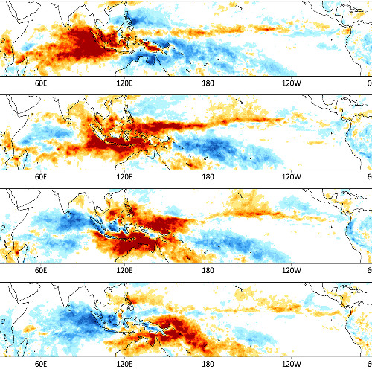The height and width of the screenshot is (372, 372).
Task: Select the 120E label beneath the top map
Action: [x=124, y=83]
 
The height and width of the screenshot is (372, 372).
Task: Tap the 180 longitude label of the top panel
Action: [x=208, y=83]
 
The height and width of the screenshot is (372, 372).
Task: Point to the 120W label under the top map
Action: [x=291, y=83]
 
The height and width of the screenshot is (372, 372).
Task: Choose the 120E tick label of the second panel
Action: [x=124, y=178]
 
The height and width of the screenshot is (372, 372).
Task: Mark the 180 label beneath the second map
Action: [x=208, y=178]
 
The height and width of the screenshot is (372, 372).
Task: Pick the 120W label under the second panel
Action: [x=291, y=178]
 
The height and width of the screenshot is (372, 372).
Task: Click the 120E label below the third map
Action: [x=124, y=272]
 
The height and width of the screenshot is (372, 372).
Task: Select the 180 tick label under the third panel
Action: [x=208, y=272]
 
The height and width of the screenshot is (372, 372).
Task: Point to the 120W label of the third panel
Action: [x=291, y=272]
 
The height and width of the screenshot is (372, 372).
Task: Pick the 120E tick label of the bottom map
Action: [x=124, y=365]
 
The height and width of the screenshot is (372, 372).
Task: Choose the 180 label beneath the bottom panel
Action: [x=208, y=365]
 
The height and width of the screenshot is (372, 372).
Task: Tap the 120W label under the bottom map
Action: [x=291, y=365]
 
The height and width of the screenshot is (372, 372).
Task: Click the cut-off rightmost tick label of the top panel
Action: [x=369, y=83]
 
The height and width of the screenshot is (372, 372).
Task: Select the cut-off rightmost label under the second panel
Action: [x=369, y=178]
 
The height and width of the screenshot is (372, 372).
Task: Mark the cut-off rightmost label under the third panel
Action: [x=369, y=272]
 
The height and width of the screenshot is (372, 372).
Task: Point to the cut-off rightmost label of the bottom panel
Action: [x=369, y=365]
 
